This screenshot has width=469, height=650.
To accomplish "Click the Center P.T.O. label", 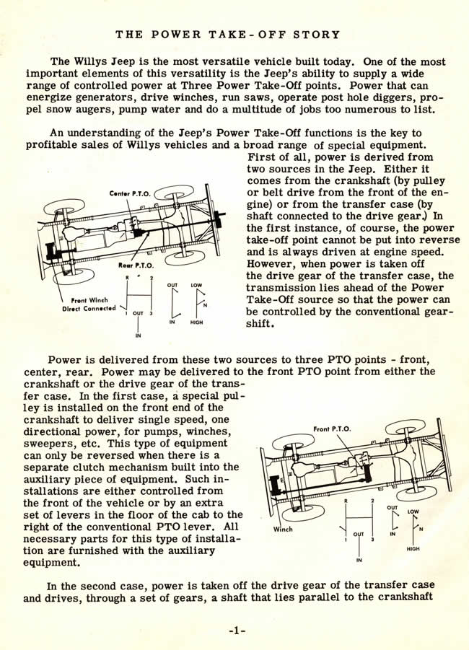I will click(x=129, y=193).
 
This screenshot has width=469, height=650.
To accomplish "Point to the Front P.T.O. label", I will click(x=333, y=429).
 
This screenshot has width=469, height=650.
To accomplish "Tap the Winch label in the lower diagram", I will click(x=284, y=529).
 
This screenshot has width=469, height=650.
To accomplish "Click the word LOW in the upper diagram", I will click(x=196, y=285).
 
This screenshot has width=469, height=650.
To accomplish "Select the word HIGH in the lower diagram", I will click(x=413, y=548).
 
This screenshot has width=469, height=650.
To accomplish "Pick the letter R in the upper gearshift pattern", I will click(x=128, y=277).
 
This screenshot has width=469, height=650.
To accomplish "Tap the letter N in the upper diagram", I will click(x=205, y=304).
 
